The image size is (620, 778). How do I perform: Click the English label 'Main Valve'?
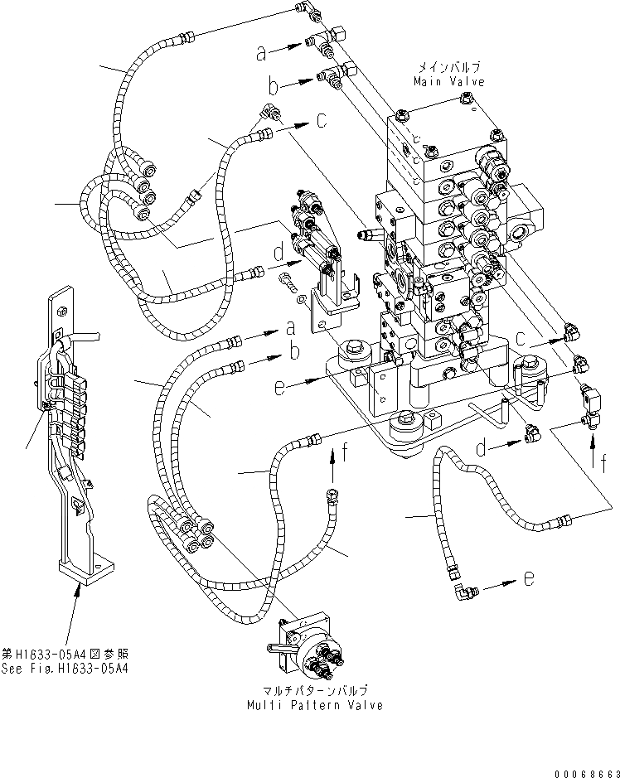tap(449, 81)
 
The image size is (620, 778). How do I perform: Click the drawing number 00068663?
tap(586, 767)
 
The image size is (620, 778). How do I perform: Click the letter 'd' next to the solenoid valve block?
tap(277, 249)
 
